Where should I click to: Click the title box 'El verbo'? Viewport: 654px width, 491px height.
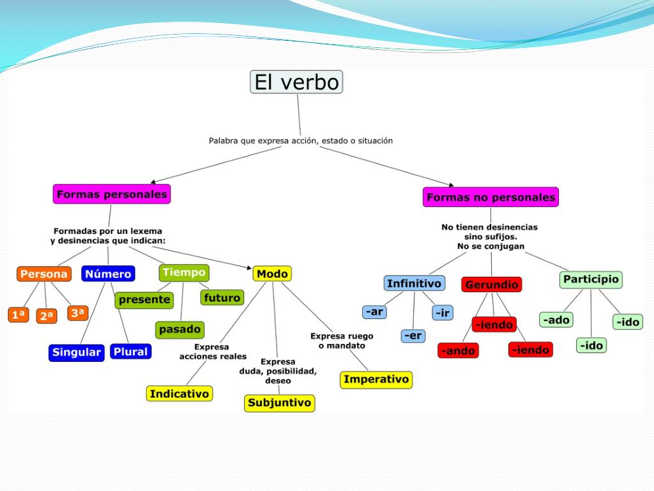(296, 82)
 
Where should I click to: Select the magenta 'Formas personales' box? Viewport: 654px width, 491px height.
(112, 194)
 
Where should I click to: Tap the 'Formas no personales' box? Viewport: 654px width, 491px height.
(490, 197)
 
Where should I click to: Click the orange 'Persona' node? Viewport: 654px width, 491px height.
(43, 274)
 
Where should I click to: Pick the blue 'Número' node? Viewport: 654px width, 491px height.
(108, 274)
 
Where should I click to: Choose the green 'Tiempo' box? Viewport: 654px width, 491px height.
(184, 272)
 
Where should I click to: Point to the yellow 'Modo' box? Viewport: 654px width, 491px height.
(272, 274)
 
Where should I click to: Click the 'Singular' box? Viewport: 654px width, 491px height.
(77, 352)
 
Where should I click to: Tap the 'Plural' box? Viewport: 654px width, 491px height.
(130, 351)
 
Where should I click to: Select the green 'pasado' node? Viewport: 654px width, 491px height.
(179, 330)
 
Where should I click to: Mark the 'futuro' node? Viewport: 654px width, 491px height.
(222, 297)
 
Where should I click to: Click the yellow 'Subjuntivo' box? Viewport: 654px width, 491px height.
(279, 403)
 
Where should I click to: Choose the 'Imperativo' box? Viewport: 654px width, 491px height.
(376, 379)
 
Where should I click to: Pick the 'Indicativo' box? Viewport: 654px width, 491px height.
(179, 394)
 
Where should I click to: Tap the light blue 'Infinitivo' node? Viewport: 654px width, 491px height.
(414, 283)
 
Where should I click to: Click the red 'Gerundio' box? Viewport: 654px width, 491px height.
(491, 284)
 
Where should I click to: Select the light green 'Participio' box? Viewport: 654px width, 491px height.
(591, 279)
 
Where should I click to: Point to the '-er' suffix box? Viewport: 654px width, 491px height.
(413, 335)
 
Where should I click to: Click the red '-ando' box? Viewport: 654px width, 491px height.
(458, 350)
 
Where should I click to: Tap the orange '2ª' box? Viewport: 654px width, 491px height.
(47, 316)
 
